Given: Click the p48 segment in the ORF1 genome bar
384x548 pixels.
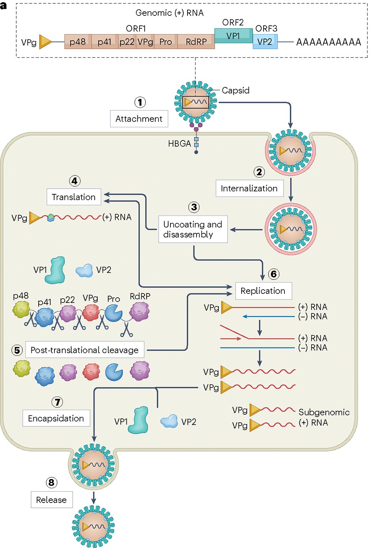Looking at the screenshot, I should click(78, 42).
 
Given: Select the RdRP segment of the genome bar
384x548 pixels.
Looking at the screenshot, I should click(196, 42).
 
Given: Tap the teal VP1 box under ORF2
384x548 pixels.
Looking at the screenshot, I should click(233, 36).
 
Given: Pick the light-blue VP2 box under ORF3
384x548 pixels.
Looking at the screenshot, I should click(265, 42).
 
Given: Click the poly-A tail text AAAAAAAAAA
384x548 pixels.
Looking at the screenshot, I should click(328, 42).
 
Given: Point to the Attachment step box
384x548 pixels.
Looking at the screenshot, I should click(139, 119).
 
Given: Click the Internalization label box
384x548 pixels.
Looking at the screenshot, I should click(249, 188).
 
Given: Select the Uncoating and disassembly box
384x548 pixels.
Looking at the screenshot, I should click(193, 229).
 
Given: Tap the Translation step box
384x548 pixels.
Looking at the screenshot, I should click(74, 197).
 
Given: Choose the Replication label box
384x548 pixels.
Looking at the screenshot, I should click(263, 291).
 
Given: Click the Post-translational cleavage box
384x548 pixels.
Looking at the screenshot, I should click(84, 350).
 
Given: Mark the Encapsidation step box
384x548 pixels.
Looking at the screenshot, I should click(56, 418).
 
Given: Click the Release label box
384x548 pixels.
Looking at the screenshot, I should click(52, 500).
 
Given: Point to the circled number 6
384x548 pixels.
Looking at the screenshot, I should click(274, 274).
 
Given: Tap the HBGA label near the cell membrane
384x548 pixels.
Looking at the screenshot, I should click(180, 144).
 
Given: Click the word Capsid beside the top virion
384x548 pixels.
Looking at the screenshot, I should click(236, 91).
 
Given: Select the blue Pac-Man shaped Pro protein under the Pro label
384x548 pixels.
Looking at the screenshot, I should click(113, 313).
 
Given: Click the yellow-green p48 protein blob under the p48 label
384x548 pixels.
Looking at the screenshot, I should click(21, 309).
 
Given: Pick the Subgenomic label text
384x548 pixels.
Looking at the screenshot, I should click(324, 412).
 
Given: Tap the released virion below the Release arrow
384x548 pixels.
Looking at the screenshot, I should click(94, 526).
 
